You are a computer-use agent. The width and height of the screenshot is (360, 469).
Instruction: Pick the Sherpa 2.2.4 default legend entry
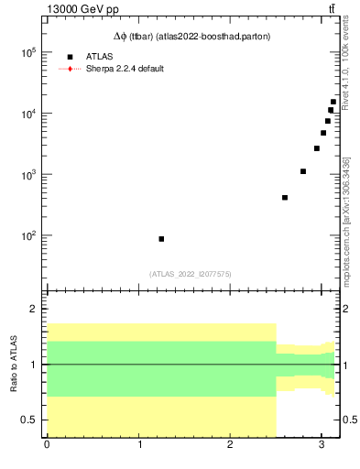click(125, 69)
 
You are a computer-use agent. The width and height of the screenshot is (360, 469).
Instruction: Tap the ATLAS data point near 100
click(161, 238)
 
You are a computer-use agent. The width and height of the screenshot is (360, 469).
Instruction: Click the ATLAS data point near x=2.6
click(285, 197)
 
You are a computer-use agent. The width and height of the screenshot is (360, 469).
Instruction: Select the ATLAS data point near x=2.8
click(303, 171)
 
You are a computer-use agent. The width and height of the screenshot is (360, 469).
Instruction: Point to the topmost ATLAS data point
click(333, 102)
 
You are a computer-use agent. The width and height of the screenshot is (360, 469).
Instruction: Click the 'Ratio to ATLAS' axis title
click(14, 364)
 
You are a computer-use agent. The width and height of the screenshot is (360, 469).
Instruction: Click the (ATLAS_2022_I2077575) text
click(191, 273)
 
